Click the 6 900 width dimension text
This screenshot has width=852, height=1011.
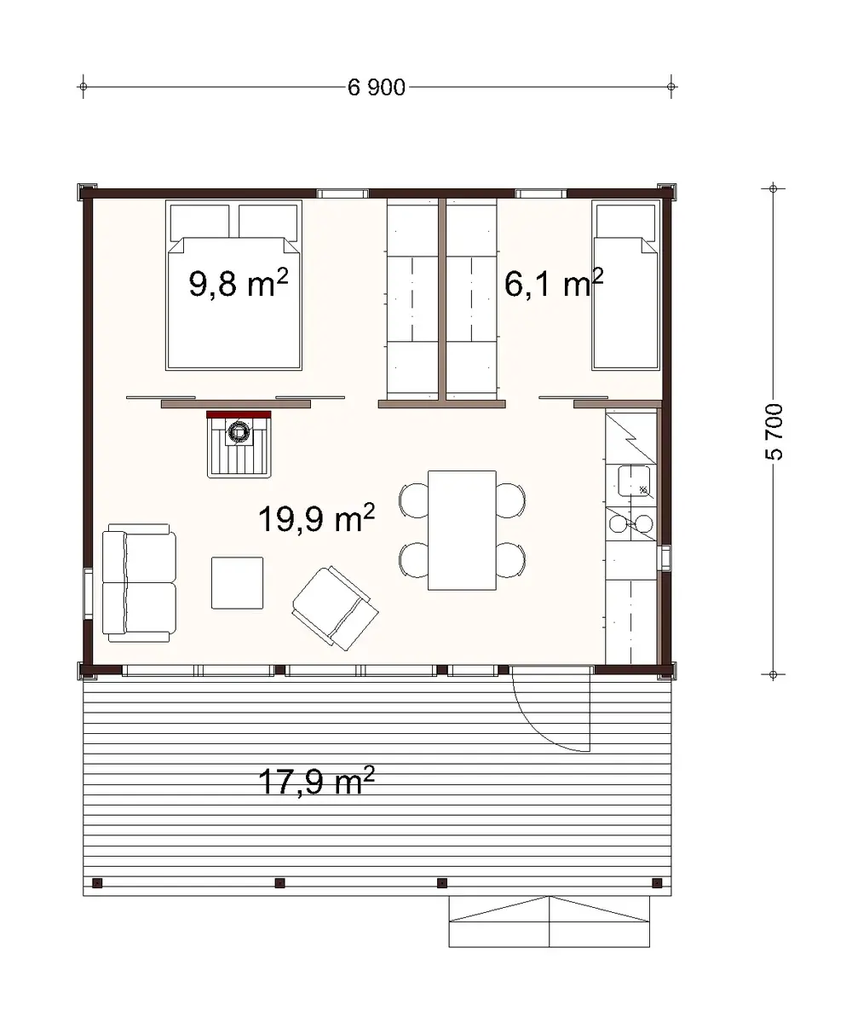pos(377,88)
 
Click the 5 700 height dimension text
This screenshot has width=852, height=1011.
pos(774,430)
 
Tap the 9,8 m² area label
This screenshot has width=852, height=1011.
pos(237,284)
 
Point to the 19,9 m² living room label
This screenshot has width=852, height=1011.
pos(316,517)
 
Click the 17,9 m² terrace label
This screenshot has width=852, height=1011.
pos(316,781)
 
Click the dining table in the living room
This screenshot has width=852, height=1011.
pos(462,530)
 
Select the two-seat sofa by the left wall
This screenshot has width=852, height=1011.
pos(139,584)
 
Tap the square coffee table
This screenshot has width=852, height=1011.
pos(237,583)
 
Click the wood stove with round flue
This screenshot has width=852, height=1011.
pos(239,433)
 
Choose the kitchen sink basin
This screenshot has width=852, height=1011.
pos(635,481)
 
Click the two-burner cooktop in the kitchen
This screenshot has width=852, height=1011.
pos(631,523)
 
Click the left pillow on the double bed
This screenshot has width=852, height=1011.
pos(200,222)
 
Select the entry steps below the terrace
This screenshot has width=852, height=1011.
pos(550,922)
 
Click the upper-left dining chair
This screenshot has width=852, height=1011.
pos(416,500)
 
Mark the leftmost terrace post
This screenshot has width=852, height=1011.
pos(97,882)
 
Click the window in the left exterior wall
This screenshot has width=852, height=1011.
pos(88,592)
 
